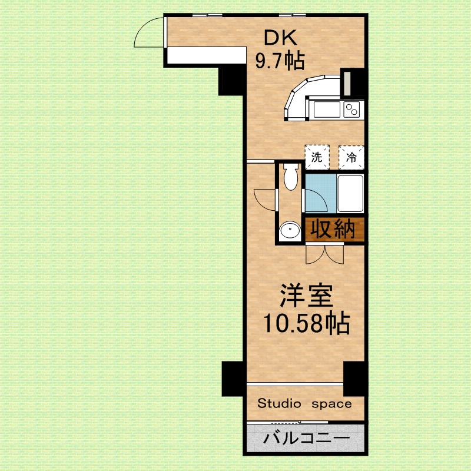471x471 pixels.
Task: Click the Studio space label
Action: [305, 404]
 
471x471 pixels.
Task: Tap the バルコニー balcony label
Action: [306, 439]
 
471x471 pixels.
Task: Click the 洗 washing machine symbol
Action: [316, 157]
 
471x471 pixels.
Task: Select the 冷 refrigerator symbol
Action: [351, 157]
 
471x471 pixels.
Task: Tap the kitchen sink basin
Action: [326, 110]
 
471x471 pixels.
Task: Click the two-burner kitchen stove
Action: [352, 110]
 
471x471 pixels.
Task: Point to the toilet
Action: [290, 177]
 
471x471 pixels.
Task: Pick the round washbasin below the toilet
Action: [289, 231]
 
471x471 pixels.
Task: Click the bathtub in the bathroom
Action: [350, 194]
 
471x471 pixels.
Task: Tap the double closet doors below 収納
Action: [324, 254]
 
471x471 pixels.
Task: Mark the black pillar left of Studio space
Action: [233, 379]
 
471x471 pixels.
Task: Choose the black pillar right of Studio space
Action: [355, 378]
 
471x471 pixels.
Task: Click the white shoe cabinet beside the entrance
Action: [206, 56]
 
